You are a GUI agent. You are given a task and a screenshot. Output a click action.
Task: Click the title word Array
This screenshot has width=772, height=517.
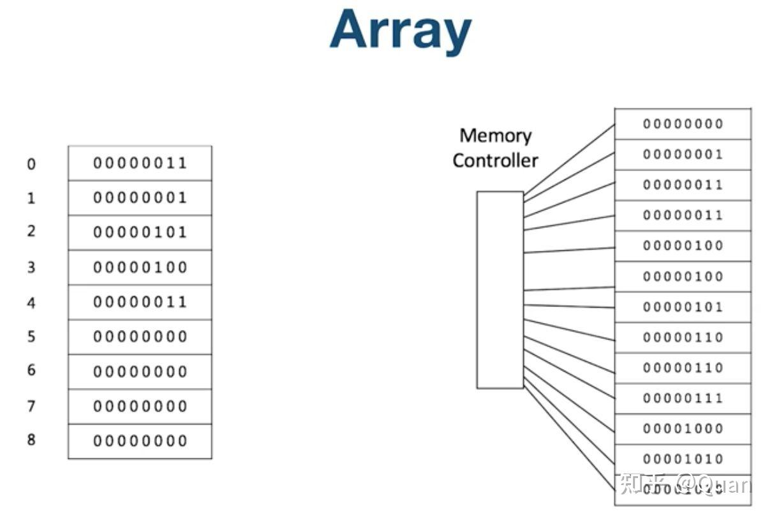click(x=401, y=31)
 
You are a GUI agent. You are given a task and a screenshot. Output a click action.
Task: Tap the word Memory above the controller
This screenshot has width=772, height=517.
click(x=495, y=135)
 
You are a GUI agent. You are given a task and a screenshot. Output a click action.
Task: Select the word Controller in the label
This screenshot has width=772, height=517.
click(x=495, y=160)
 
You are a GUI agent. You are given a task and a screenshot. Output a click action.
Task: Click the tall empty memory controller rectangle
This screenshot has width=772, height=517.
click(x=500, y=290)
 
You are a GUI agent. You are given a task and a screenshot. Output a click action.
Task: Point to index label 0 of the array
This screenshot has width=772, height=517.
click(x=31, y=165)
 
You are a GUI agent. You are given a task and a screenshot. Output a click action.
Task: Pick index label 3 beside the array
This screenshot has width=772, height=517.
click(x=31, y=267)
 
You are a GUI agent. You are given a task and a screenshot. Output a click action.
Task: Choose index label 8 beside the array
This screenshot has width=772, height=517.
click(x=31, y=440)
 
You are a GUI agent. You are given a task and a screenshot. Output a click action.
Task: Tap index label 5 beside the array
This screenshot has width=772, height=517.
click(x=31, y=336)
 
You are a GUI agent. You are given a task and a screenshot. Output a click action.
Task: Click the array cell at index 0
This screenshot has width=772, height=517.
click(x=140, y=163)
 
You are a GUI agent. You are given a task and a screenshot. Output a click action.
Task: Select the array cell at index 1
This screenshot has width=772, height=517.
click(x=140, y=198)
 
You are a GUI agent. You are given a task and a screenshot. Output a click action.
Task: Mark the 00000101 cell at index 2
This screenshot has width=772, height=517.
click(x=140, y=232)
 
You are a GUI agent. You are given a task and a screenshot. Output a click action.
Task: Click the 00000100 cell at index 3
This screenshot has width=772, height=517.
click(x=140, y=267)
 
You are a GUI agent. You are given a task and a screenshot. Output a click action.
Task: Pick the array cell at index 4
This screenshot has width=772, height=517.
click(x=140, y=302)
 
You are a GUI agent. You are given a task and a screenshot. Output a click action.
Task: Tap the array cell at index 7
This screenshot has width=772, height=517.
click(x=140, y=406)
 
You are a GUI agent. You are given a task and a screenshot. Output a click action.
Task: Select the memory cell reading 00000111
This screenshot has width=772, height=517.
click(x=683, y=398)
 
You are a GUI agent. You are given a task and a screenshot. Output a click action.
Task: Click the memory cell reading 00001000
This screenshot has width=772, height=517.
click(x=683, y=429)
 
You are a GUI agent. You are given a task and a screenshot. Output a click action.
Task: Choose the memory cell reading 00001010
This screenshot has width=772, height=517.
click(x=683, y=459)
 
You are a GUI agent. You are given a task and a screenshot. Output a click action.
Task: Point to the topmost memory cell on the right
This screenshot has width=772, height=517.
click(x=683, y=124)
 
